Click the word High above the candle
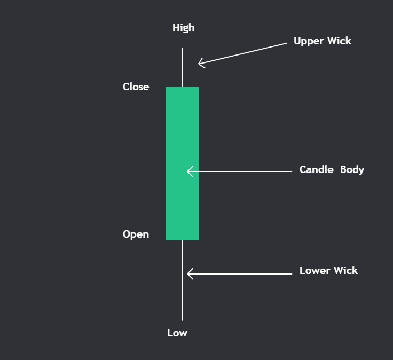[183, 28]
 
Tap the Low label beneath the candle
[177, 333]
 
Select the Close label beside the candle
[136, 87]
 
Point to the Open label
[136, 234]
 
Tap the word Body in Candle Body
[352, 170]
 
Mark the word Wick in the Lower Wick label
[345, 271]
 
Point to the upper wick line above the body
[182, 67]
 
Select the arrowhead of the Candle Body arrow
[189, 171]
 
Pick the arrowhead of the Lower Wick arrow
[189, 274]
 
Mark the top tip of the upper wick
[182, 49]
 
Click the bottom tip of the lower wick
[182, 319]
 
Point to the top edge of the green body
[182, 88]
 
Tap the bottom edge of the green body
[182, 240]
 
